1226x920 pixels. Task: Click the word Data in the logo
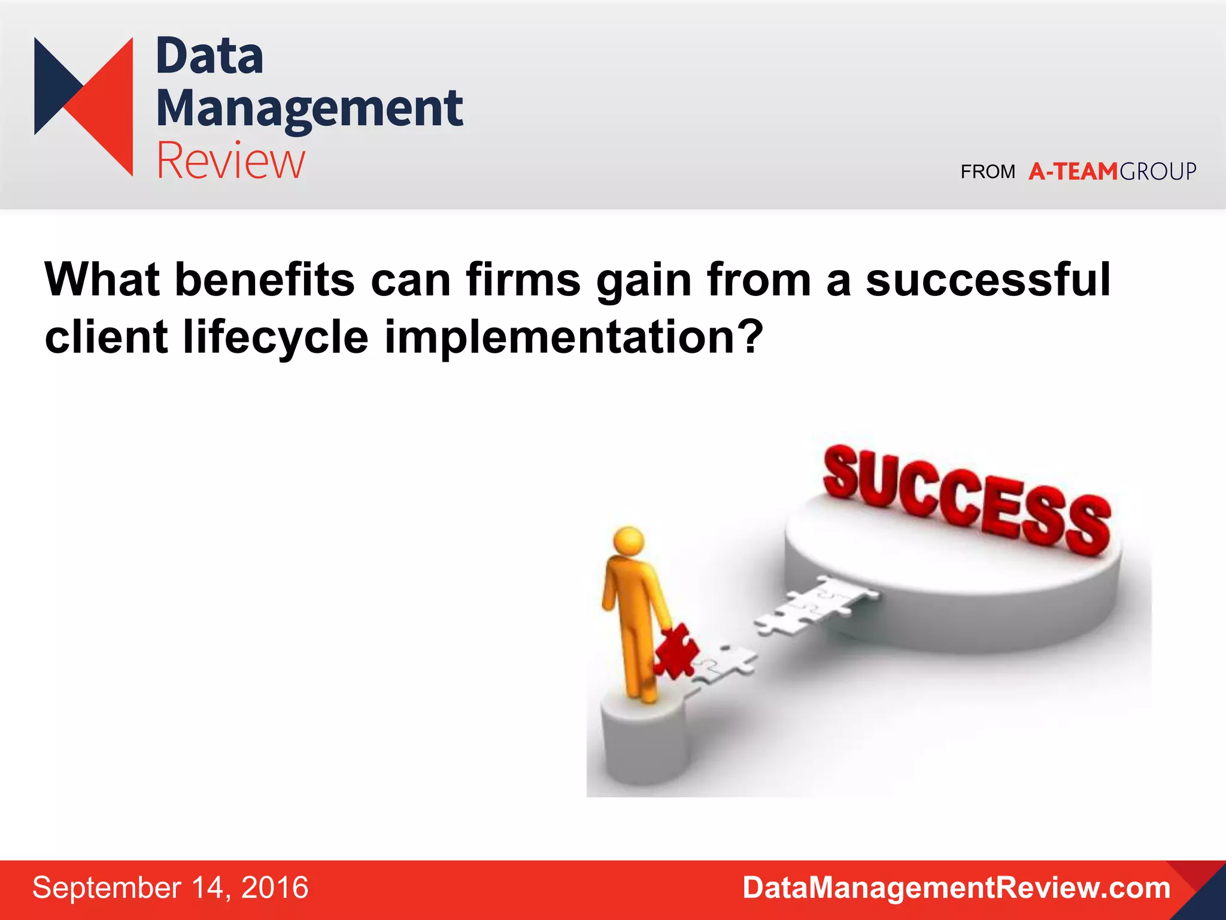210,56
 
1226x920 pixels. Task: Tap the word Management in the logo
309,110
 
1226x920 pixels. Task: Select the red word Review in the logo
230,161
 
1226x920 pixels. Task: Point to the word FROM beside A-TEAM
988,172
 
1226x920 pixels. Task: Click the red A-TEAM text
1073,172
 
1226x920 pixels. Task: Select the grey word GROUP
1158,172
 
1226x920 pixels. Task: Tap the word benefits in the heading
265,280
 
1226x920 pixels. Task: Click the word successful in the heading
988,280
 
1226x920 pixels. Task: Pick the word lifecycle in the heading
275,337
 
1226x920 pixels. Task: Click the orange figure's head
629,541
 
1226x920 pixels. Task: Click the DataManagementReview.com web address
956,888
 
